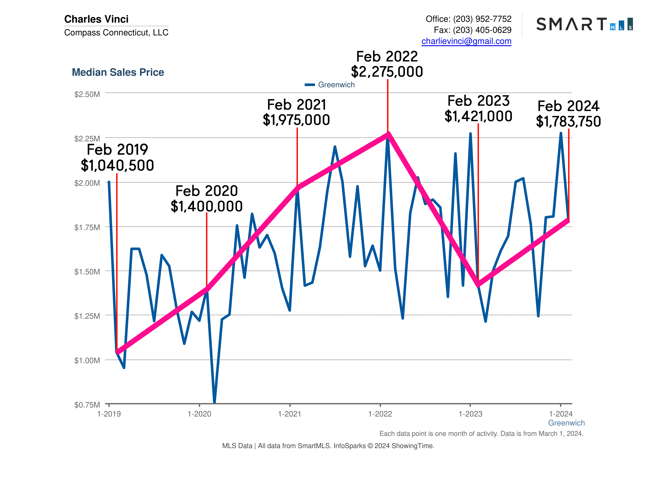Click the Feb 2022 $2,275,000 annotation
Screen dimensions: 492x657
(x=387, y=64)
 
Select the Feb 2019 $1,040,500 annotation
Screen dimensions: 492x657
(x=117, y=157)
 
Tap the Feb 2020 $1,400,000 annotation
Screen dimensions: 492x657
(x=207, y=199)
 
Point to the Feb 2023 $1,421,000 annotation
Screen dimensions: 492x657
(x=478, y=109)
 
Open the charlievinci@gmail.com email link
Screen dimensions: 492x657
(x=466, y=41)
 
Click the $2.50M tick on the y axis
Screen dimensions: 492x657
(x=87, y=94)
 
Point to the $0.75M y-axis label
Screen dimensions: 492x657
(x=87, y=405)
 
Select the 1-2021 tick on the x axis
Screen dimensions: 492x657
(x=290, y=414)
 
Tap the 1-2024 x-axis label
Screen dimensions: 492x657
(x=560, y=414)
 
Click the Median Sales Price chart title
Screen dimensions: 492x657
(x=118, y=72)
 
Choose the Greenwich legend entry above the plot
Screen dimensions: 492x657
(x=330, y=85)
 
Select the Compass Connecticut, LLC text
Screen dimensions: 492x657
(x=116, y=32)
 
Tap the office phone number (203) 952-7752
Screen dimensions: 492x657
(x=482, y=19)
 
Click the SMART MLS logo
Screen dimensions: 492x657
(x=584, y=24)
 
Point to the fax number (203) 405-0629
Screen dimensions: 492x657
(x=482, y=30)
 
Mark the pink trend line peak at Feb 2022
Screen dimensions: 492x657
(x=388, y=134)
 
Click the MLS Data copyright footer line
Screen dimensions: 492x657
(x=328, y=446)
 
